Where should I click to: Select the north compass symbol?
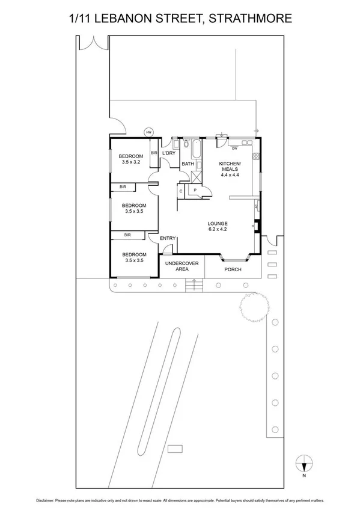coord(304,464)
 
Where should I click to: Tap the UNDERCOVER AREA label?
coord(182,266)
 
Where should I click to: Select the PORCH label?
coord(233,269)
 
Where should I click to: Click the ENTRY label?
coord(168,238)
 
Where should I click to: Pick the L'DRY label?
coord(168,153)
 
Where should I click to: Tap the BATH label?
coord(188,163)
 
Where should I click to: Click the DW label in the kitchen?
coord(235,148)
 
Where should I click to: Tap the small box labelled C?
coord(182,191)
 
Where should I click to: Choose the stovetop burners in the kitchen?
coord(255,157)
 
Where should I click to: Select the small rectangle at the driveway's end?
coord(175,448)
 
